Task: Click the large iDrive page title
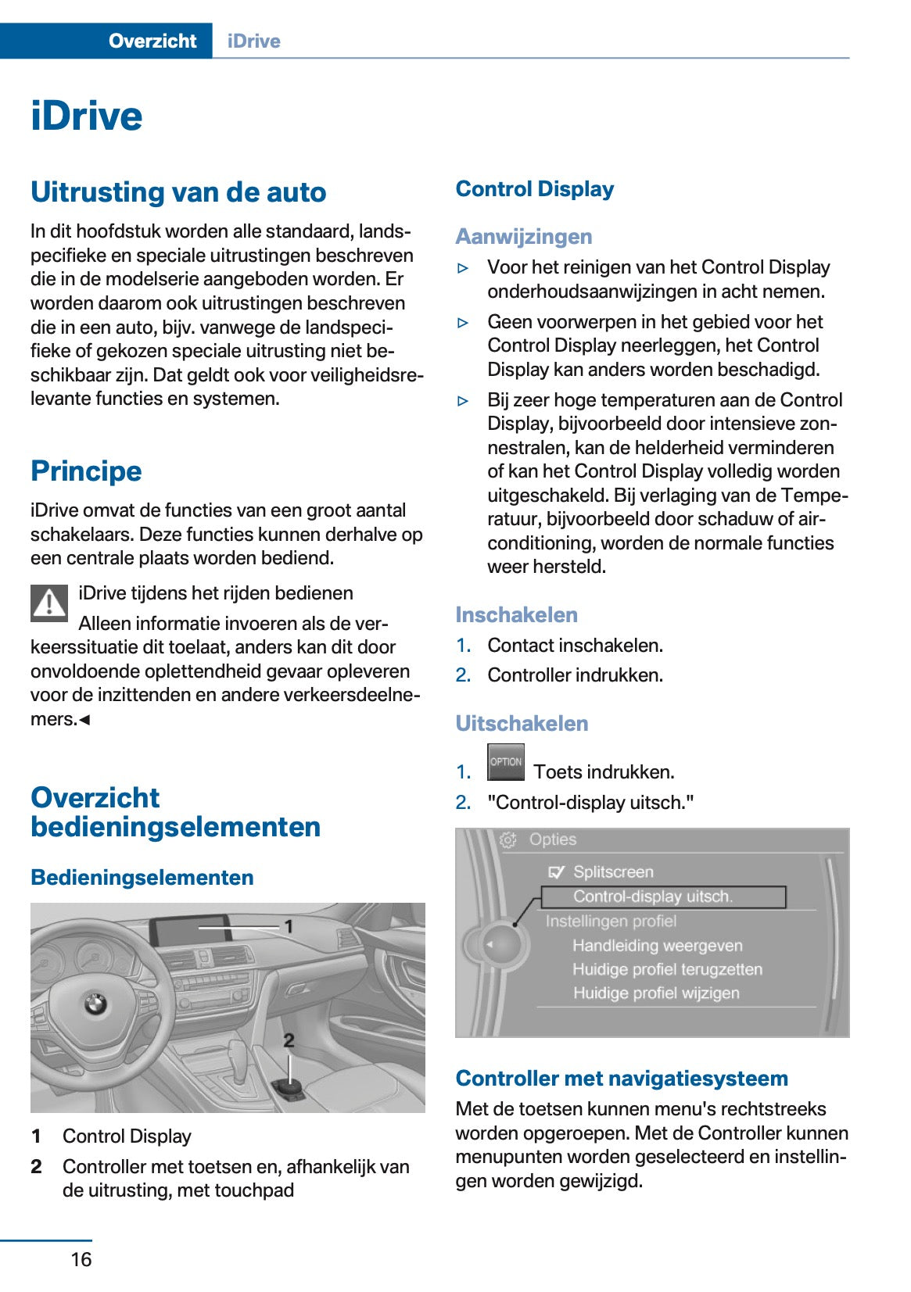(x=87, y=116)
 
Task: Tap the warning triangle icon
(x=49, y=603)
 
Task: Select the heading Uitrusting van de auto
(x=178, y=192)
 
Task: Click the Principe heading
(x=86, y=471)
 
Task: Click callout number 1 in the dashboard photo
(x=289, y=926)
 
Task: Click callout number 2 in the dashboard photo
(x=289, y=1040)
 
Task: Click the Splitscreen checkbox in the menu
(x=556, y=872)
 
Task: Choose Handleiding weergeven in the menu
(x=657, y=946)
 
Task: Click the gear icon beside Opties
(x=508, y=840)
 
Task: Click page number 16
(x=81, y=1259)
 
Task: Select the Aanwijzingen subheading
(x=524, y=236)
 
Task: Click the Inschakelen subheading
(x=516, y=615)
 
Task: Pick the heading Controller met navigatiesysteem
(x=622, y=1079)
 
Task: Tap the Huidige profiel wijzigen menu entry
(x=656, y=993)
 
